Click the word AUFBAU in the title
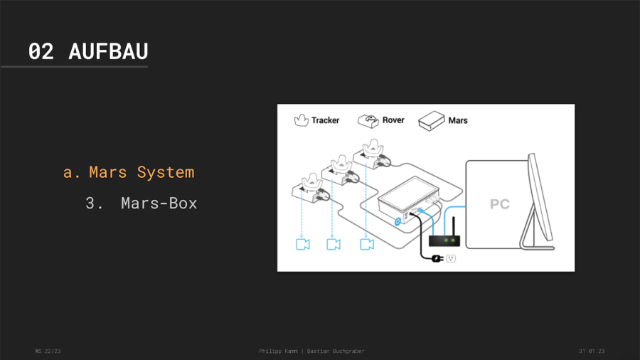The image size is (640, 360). tap(108, 51)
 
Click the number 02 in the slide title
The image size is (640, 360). tap(41, 51)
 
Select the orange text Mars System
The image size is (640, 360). tap(141, 172)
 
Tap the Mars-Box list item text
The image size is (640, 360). tap(159, 203)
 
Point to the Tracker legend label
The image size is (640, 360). tap(325, 120)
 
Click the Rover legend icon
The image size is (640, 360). tap(368, 120)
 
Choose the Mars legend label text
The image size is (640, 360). tap(458, 121)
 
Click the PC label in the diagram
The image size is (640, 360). tap(499, 204)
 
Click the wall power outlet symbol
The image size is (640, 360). tap(451, 258)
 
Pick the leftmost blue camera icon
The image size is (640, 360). tap(302, 244)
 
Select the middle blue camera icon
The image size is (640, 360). tap(333, 244)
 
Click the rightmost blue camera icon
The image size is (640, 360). tap(366, 244)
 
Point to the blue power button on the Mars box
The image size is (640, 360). tap(398, 222)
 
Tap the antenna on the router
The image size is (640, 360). tap(453, 226)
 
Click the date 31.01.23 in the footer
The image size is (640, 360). tap(591, 351)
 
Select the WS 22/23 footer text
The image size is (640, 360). tap(48, 351)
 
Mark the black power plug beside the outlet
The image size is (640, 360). tap(436, 258)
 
